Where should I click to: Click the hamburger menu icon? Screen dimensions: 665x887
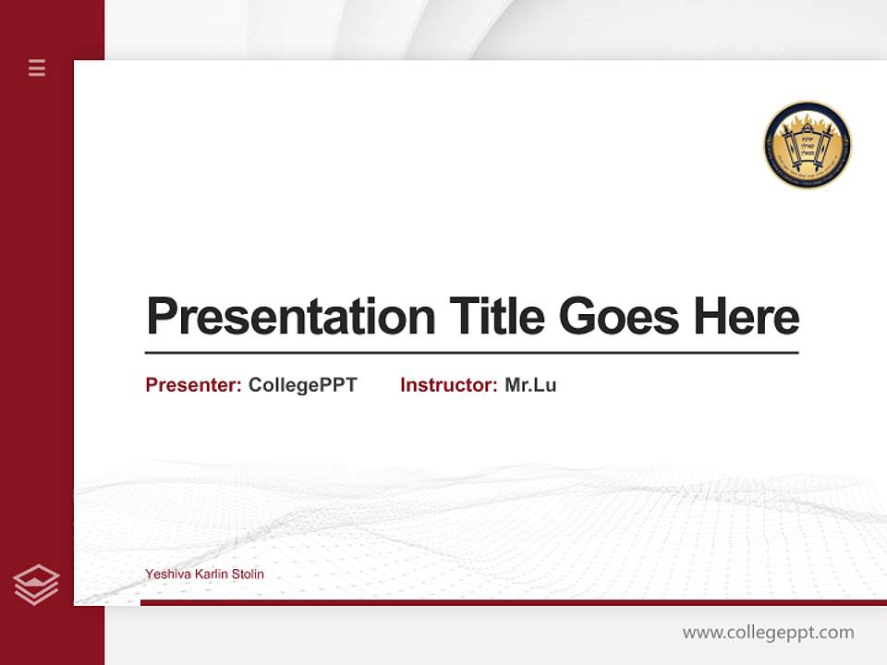click(37, 67)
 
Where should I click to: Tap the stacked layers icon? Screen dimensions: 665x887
click(36, 585)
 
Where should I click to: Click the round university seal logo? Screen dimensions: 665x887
click(808, 146)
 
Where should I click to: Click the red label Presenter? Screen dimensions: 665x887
click(194, 385)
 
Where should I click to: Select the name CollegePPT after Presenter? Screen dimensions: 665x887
click(303, 385)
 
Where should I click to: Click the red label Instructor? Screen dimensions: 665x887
click(449, 385)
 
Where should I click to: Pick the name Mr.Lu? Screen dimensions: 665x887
click(530, 385)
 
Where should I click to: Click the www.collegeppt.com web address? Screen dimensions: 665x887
click(768, 633)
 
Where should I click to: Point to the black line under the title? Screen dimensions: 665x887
click(471, 353)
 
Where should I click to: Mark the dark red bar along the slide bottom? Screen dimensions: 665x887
click(513, 602)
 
